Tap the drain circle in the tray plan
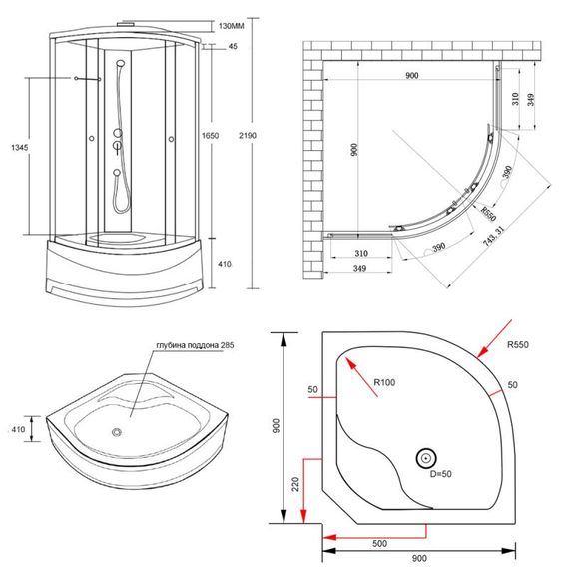426,458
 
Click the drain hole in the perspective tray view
118,433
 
